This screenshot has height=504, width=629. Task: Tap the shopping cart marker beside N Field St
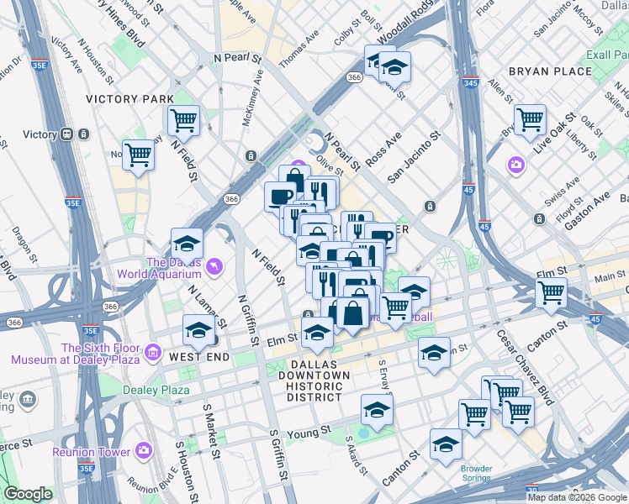tap(183, 119)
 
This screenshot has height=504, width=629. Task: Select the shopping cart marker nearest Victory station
tap(138, 155)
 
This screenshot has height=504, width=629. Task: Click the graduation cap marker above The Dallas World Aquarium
tap(188, 244)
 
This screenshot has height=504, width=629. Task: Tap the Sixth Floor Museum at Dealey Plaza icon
tap(152, 351)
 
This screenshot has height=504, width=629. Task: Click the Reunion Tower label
tap(91, 452)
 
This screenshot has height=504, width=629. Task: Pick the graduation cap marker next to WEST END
tap(199, 330)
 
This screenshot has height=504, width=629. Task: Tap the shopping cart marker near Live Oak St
tap(530, 119)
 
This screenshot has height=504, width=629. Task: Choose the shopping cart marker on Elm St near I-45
tap(552, 293)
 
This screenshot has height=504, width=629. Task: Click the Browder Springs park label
tap(475, 473)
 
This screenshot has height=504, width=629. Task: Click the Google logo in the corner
tap(28, 494)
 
